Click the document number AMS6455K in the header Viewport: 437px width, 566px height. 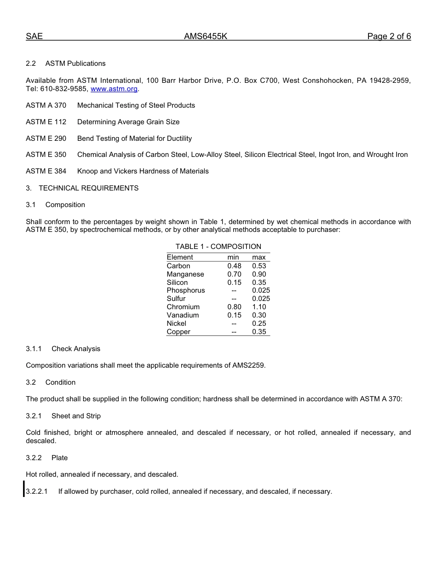click(x=206, y=37)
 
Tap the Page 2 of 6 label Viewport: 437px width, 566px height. click(x=389, y=37)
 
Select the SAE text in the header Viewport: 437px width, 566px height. click(x=34, y=37)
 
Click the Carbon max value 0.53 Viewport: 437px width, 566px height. click(x=259, y=266)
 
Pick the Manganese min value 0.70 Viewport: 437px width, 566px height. click(x=234, y=274)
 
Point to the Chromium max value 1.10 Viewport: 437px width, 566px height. click(x=259, y=307)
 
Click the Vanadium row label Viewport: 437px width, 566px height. click(x=183, y=315)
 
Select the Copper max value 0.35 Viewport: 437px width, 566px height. click(x=259, y=332)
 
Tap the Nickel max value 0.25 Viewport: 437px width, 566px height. click(x=259, y=323)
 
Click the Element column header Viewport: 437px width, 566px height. click(x=180, y=257)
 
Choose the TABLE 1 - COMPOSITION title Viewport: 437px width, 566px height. click(x=218, y=247)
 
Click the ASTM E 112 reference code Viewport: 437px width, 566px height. click(x=46, y=122)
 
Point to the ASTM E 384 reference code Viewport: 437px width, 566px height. click(x=46, y=171)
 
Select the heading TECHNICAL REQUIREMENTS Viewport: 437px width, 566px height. click(x=88, y=188)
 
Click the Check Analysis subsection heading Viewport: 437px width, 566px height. click(x=76, y=349)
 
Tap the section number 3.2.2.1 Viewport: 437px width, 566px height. click(x=37, y=491)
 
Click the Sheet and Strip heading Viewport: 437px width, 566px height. click(x=76, y=416)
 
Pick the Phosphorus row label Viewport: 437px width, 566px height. click(x=186, y=290)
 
